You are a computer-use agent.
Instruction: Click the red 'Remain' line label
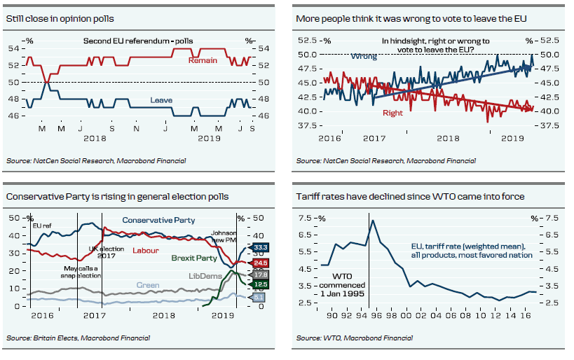[x=203, y=61]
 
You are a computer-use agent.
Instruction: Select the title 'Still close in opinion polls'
[x=60, y=18]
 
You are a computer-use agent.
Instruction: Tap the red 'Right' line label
[x=392, y=113]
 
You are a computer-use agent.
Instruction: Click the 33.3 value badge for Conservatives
[x=260, y=247]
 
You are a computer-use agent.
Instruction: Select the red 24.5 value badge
[x=260, y=263]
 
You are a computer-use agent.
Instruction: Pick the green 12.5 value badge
[x=260, y=285]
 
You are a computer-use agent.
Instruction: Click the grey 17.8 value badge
[x=260, y=275]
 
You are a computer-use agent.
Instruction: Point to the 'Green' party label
[x=148, y=285]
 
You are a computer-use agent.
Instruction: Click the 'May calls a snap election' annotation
[x=83, y=272]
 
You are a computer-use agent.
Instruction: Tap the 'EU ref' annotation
[x=41, y=226]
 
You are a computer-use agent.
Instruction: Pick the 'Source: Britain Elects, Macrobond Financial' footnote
[x=78, y=338]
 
